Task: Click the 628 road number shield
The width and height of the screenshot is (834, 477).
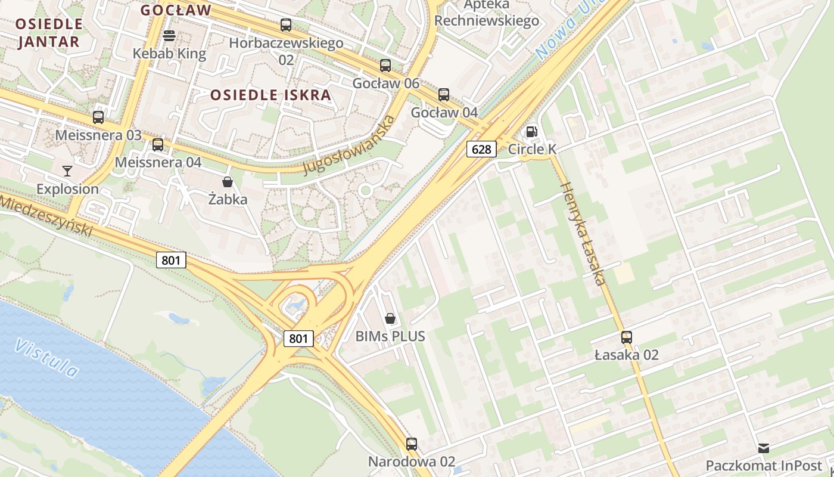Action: pos(481,149)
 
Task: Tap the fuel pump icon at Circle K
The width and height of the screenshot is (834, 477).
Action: pos(531,132)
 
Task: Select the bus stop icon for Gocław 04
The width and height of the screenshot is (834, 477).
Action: pos(444,95)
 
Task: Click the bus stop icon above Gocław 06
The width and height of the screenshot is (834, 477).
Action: pos(385,66)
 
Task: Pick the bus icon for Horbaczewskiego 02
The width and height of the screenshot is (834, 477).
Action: pos(286,25)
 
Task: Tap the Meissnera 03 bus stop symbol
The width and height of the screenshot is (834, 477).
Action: pos(98,117)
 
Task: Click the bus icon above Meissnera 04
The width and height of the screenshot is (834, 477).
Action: pos(158,144)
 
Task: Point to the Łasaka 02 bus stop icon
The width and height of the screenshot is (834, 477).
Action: pos(626,337)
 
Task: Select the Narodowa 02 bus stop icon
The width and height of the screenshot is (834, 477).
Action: pos(412,444)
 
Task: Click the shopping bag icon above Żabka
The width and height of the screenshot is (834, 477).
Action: pos(227,181)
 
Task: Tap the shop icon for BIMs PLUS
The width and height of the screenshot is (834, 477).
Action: pos(390,318)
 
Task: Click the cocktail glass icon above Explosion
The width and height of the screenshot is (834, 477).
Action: pos(67,171)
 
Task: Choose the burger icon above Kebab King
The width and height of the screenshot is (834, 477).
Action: pos(169,36)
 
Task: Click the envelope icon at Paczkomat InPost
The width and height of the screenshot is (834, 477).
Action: pos(763,448)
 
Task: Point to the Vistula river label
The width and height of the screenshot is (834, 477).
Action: pos(46,358)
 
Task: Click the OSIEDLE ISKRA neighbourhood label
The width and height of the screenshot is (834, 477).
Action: pos(270,95)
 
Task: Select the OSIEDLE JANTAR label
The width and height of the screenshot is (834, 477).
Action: pos(49,33)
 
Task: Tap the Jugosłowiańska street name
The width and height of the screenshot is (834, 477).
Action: pos(348,145)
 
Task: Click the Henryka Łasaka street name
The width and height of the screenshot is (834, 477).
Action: pos(583,233)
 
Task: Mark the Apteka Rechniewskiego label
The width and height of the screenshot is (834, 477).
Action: pos(487,13)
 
